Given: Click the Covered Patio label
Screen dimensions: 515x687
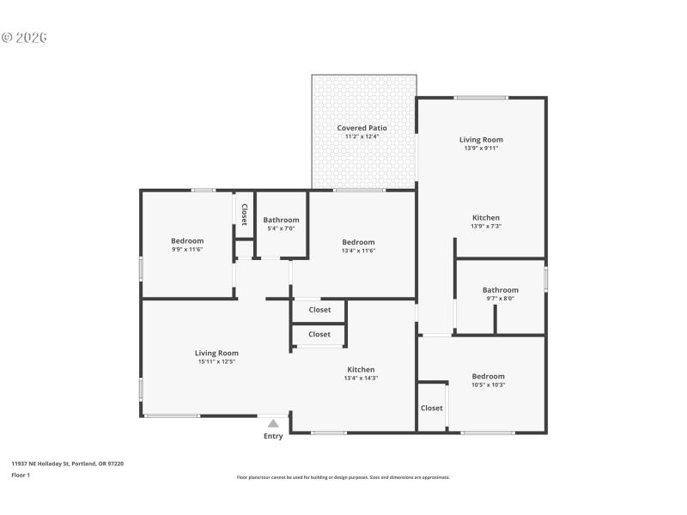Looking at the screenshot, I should click(362, 128).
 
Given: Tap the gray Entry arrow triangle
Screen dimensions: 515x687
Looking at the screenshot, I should click(273, 422).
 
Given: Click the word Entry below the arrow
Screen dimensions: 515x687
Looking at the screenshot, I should click(273, 436).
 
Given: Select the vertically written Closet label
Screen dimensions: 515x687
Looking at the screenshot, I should click(244, 214).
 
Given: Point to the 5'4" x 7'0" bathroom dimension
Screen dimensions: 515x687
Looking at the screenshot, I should click(281, 228).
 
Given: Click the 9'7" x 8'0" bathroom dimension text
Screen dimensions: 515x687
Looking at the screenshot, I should click(500, 299).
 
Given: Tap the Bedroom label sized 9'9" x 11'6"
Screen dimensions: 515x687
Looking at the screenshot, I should click(187, 241).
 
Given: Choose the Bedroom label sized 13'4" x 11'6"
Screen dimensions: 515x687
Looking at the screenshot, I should click(358, 242).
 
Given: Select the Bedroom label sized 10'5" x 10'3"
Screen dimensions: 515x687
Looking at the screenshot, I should click(489, 376).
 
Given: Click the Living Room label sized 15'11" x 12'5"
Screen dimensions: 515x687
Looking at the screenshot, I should click(216, 353).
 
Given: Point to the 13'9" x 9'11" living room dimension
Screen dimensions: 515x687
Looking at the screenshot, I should click(481, 148).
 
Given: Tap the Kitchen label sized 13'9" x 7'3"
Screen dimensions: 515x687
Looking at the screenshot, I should click(486, 218).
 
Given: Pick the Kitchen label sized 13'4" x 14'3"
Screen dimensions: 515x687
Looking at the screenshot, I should click(361, 369).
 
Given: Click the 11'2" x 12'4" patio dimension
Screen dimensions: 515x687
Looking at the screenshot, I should click(362, 136).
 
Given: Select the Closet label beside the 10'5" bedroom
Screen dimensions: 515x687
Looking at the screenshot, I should click(432, 408).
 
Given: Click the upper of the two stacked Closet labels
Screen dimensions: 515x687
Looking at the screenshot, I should click(319, 310).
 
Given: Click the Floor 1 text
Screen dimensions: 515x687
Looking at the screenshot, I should click(21, 475).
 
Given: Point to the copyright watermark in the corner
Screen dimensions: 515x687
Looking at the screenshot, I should click(24, 38).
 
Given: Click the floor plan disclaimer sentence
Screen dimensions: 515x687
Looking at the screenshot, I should click(343, 477).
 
